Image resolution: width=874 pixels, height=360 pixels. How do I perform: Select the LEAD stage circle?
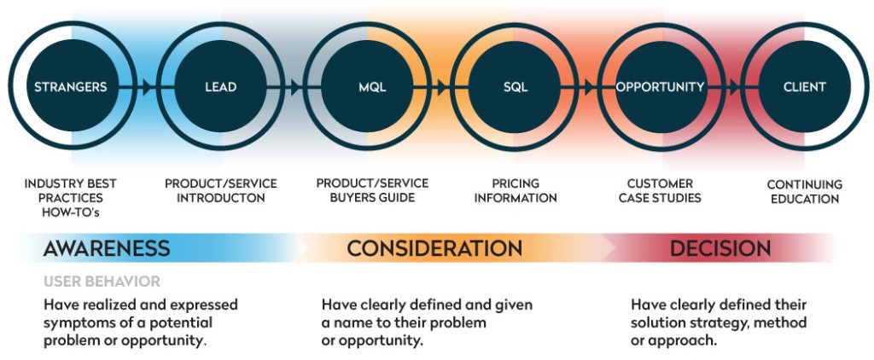[220, 86]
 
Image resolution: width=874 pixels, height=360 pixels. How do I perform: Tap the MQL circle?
[368, 86]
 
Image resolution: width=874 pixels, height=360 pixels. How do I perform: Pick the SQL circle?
[515, 86]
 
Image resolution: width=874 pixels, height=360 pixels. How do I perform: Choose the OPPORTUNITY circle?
[661, 86]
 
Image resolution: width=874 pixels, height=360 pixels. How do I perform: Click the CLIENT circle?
[805, 86]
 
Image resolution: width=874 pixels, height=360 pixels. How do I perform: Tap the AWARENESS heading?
[107, 248]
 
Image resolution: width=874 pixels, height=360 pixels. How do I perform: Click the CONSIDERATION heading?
[434, 248]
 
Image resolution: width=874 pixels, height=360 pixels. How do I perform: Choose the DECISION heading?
[720, 248]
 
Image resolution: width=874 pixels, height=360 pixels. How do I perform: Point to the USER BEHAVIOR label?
[102, 282]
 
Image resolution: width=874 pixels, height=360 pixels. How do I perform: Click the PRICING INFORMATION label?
[516, 190]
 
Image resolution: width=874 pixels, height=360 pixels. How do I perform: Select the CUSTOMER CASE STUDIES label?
[660, 190]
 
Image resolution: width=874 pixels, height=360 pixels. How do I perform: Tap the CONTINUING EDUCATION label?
[805, 192]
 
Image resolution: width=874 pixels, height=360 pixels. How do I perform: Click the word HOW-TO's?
[71, 212]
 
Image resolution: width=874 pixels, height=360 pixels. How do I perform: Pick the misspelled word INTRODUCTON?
[221, 198]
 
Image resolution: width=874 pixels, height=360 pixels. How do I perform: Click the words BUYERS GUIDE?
[372, 198]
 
